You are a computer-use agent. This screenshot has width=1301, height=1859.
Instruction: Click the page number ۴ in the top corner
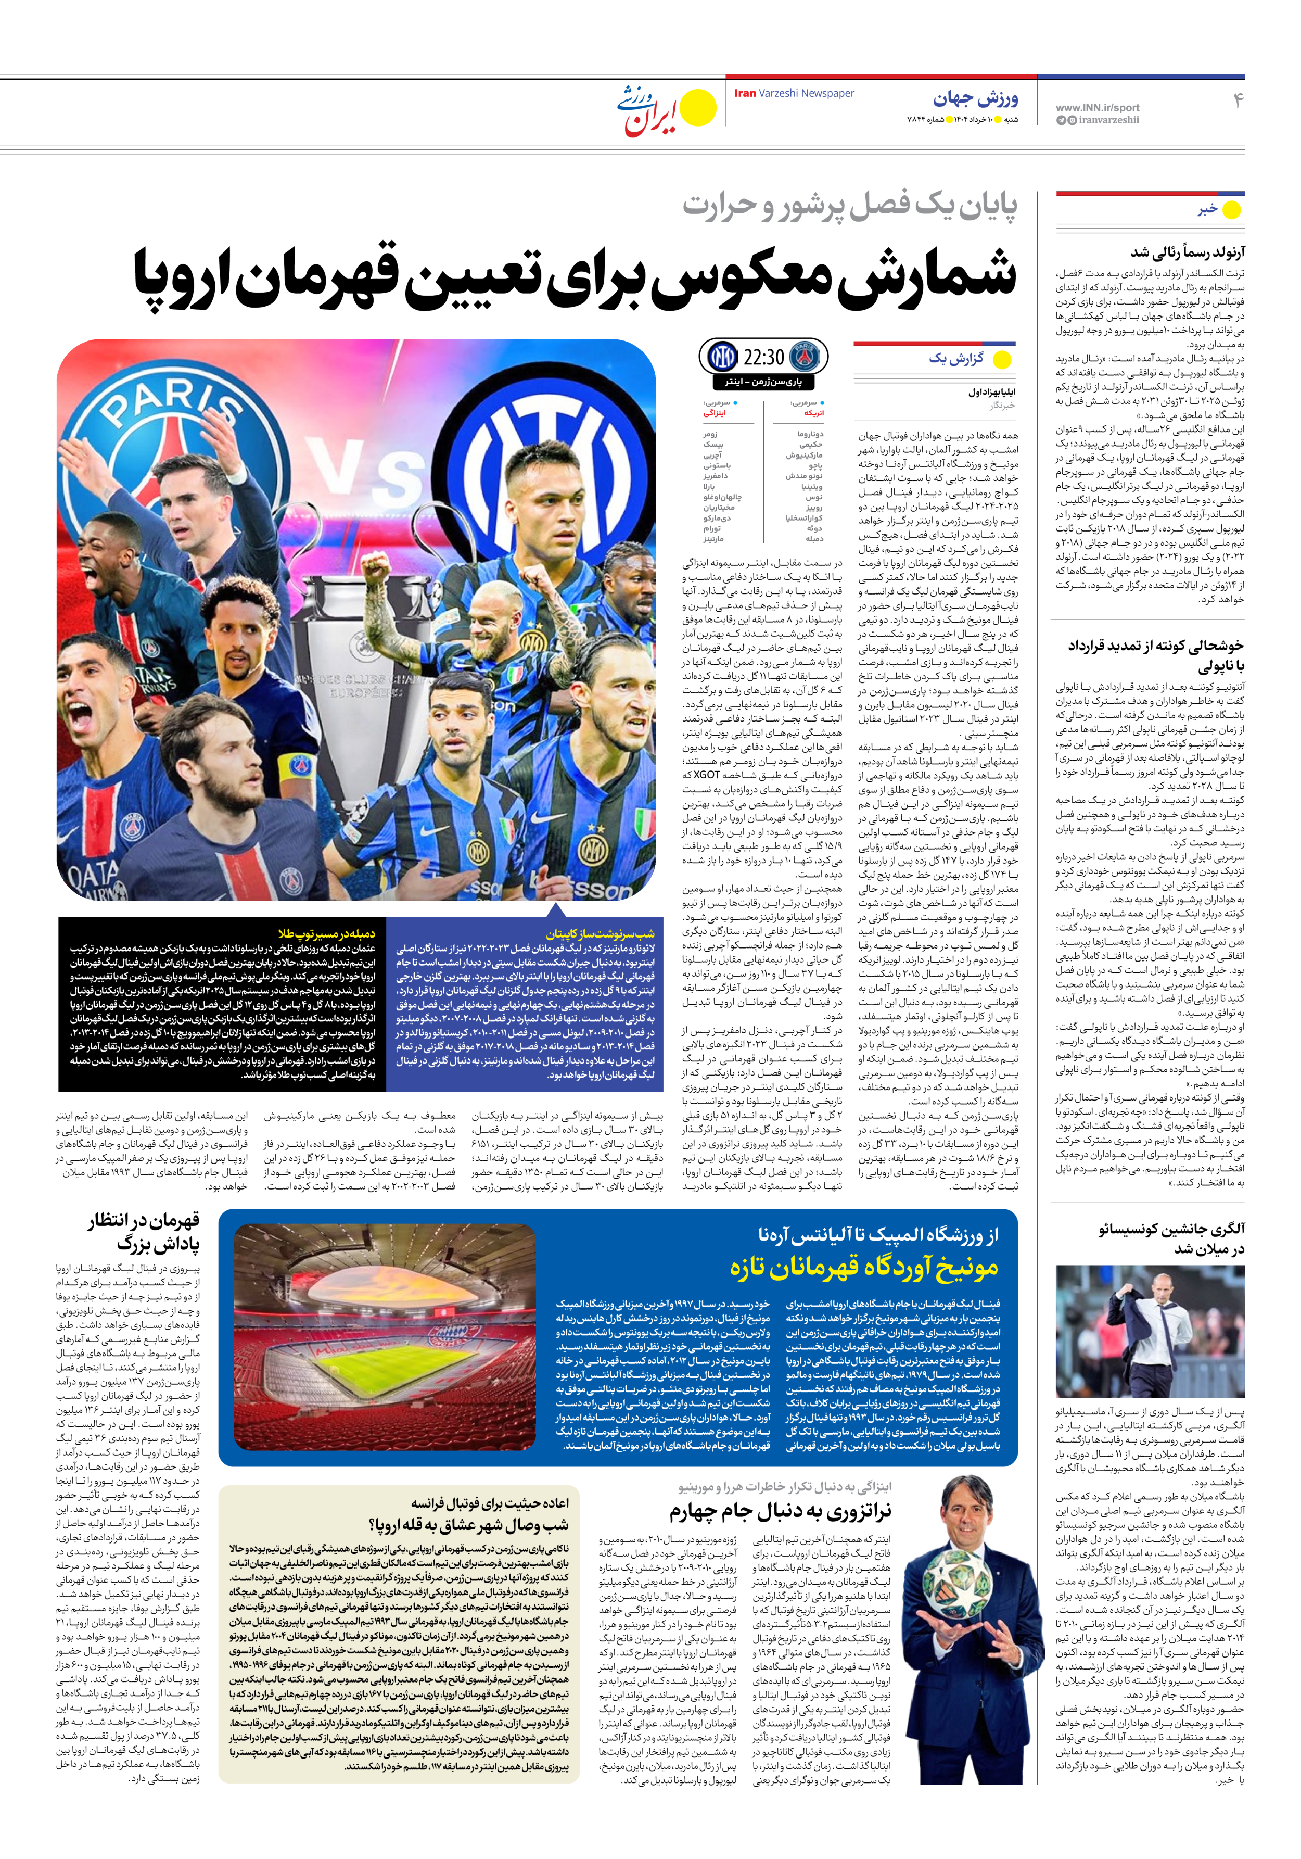click(1237, 100)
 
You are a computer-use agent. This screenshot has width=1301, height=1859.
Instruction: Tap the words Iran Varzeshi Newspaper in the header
click(794, 93)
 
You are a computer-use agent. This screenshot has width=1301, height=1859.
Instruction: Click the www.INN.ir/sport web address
click(1097, 107)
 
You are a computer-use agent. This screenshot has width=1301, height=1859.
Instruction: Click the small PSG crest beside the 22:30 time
click(804, 356)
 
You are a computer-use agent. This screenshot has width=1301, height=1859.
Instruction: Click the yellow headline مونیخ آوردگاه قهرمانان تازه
click(864, 1267)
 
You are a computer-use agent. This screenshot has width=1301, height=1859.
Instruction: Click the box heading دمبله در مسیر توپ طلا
click(326, 933)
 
